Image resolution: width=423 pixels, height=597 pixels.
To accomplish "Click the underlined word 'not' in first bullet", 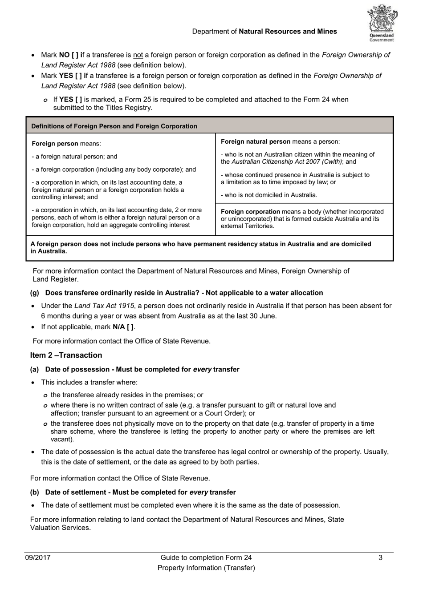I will pos(138,55).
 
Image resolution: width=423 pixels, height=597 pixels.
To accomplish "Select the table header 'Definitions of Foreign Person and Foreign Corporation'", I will pos(114,126).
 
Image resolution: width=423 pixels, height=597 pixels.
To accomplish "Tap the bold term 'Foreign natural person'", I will pos(255,142).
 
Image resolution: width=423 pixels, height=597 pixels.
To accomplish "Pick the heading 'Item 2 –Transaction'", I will pos(66,355).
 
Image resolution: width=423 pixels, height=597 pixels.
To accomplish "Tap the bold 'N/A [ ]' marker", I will pos(123,327).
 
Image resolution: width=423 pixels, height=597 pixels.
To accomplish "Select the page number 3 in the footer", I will pos(380,558).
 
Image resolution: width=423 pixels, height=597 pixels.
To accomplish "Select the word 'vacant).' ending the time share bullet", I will pos(62,440).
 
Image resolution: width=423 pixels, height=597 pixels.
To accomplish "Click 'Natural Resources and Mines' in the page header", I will pos(288,32).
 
